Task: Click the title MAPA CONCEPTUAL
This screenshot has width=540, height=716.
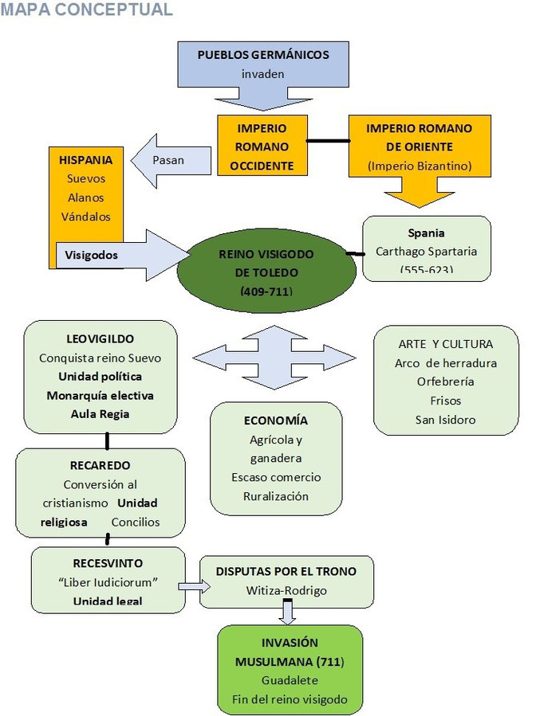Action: (x=86, y=10)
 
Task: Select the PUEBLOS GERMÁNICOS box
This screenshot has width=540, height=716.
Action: (x=262, y=65)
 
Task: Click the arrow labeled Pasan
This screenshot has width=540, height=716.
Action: (x=170, y=160)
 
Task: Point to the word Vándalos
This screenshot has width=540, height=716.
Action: (x=86, y=216)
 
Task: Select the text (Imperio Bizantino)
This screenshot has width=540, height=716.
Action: (x=418, y=166)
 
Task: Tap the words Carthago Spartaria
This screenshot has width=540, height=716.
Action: (x=426, y=252)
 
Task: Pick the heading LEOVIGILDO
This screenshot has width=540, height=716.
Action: (x=101, y=338)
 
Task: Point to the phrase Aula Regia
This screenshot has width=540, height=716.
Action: (x=101, y=413)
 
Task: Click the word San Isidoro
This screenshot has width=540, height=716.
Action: (x=446, y=420)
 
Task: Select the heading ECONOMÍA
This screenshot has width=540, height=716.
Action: (x=275, y=421)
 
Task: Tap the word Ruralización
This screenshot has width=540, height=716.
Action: (x=275, y=496)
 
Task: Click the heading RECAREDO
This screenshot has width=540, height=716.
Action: (x=100, y=465)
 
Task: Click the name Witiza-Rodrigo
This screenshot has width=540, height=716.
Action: (x=286, y=590)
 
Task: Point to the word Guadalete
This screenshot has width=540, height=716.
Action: (x=289, y=681)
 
